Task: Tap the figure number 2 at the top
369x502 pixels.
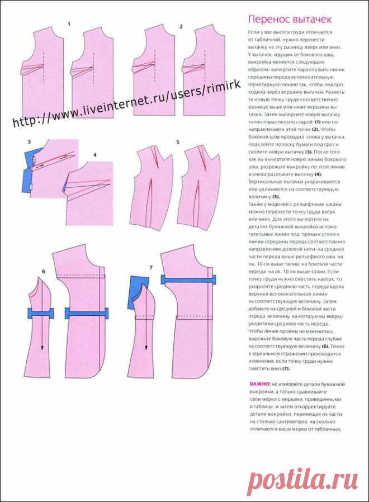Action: tap(181, 26)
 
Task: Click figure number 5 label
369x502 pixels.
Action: tap(177, 143)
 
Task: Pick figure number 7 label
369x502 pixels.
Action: tap(151, 268)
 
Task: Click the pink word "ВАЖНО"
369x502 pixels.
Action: tap(259, 385)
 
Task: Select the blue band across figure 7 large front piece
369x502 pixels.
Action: tap(188, 280)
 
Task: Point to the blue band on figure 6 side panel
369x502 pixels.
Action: tap(40, 313)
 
